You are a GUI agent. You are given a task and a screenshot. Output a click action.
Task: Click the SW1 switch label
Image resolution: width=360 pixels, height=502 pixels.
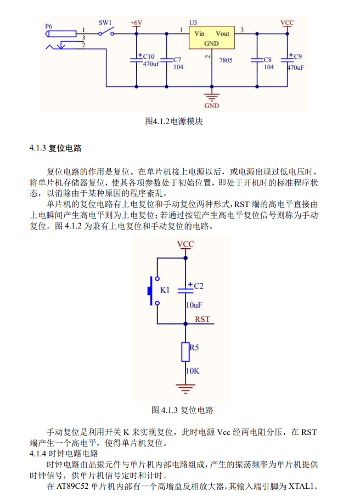click(105, 23)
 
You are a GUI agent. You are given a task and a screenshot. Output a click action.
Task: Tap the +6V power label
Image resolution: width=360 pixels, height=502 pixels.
click(136, 23)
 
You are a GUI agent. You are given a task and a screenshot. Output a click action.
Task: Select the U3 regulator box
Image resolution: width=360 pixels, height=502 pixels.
click(211, 38)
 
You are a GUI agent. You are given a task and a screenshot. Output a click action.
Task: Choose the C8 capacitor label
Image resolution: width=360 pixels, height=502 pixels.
click(268, 59)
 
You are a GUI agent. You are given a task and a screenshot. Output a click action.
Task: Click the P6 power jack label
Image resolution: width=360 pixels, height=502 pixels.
click(49, 26)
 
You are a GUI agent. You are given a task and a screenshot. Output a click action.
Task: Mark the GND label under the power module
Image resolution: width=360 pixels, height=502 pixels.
click(211, 105)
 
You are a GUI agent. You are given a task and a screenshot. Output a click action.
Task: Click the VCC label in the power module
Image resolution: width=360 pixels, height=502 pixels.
click(286, 23)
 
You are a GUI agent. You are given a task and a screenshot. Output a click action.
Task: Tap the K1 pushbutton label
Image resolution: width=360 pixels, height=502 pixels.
click(165, 289)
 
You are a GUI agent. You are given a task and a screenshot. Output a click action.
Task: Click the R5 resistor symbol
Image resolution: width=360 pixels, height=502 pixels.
click(185, 352)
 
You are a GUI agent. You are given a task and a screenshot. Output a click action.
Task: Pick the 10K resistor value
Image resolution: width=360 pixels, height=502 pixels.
click(193, 371)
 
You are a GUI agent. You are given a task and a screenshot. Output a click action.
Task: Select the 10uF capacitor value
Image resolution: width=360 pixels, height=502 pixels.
click(194, 305)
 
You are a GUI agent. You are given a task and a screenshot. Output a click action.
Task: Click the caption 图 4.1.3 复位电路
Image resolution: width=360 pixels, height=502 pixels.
click(182, 410)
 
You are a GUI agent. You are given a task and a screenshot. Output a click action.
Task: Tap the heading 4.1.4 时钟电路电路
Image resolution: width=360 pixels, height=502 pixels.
click(64, 454)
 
